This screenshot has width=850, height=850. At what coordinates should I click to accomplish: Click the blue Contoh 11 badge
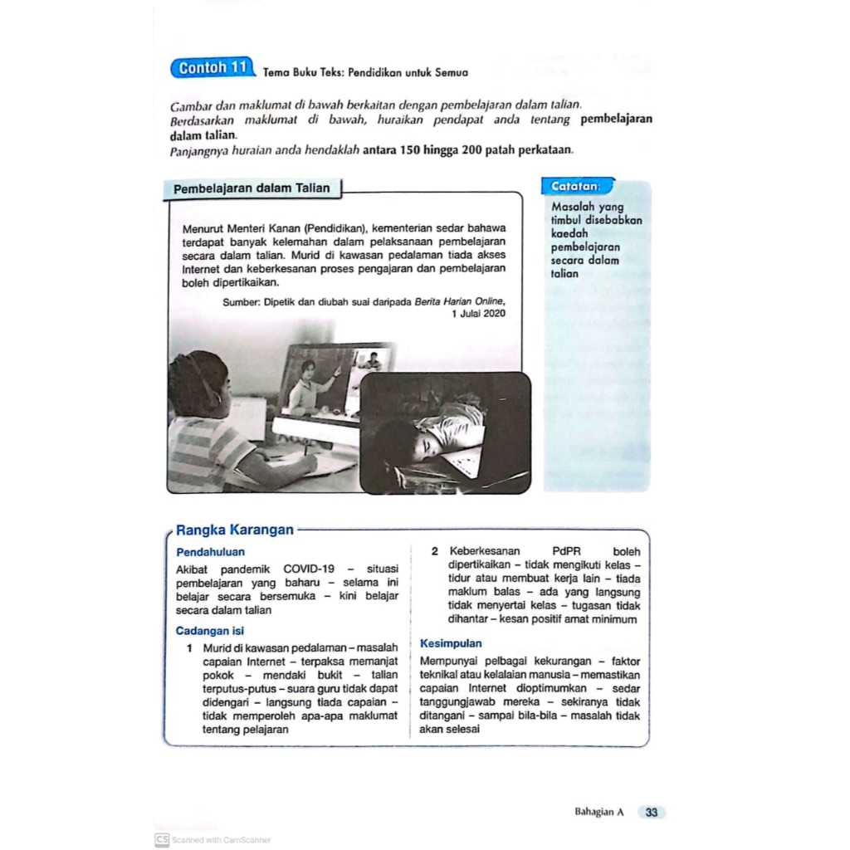[213, 68]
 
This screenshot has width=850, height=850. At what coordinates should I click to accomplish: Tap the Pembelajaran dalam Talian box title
[252, 188]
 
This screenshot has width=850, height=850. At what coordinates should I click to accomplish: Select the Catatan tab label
[576, 187]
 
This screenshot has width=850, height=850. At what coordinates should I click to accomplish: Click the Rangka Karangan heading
[235, 530]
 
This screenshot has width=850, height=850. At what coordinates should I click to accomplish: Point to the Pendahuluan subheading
[211, 551]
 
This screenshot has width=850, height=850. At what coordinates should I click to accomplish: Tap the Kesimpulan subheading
[451, 643]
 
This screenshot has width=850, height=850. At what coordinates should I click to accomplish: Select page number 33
[652, 813]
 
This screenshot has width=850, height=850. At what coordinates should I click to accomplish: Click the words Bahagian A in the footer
[598, 813]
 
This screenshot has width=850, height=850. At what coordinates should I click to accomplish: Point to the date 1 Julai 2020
[478, 314]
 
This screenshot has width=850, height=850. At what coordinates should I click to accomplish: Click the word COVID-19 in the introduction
[309, 569]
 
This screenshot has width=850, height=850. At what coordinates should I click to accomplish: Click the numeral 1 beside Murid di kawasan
[190, 647]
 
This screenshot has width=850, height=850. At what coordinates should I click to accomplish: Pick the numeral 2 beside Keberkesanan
[434, 551]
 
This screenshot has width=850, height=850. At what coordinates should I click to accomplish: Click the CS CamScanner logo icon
[161, 839]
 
